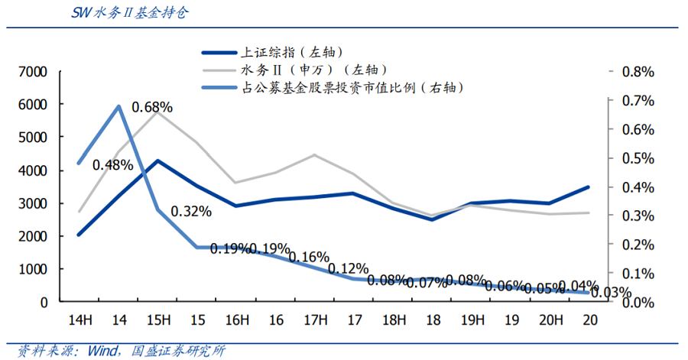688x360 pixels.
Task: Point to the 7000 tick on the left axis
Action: pyautogui.click(x=33, y=72)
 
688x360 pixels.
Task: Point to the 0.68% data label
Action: pyautogui.click(x=152, y=107)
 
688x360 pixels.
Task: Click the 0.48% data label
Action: pyautogui.click(x=113, y=164)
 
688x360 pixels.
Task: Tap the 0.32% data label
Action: pyautogui.click(x=191, y=211)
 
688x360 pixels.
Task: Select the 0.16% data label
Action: pyautogui.click(x=309, y=256)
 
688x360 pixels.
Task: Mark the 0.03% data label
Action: pyautogui.click(x=611, y=292)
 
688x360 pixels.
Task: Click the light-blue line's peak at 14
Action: pyautogui.click(x=119, y=106)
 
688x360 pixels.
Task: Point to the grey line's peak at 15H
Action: pyautogui.click(x=157, y=111)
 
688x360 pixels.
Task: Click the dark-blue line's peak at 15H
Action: pyautogui.click(x=157, y=161)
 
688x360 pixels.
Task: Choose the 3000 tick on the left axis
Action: pyautogui.click(x=33, y=203)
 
